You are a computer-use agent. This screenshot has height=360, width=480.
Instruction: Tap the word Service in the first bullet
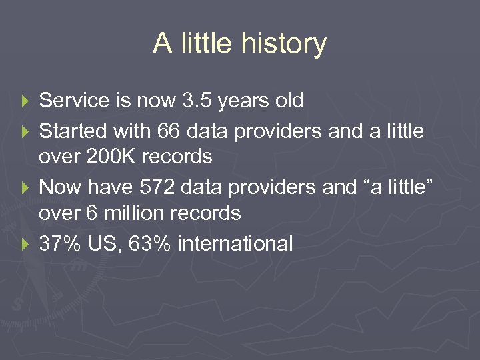[74, 101]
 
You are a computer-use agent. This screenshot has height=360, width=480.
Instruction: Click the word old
[289, 101]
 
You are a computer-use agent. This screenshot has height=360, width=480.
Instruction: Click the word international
[234, 243]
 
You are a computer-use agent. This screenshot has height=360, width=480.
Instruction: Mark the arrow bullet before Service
[26, 101]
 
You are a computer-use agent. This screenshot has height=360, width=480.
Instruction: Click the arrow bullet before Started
[26, 131]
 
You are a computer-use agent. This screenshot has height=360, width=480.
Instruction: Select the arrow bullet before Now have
[26, 188]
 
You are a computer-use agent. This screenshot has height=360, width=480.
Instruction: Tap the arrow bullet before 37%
[26, 244]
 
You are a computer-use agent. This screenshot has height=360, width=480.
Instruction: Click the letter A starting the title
[162, 44]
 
